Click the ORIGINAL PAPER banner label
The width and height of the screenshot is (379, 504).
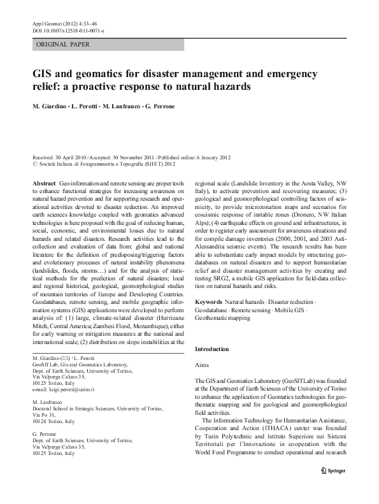coord(63,45)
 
